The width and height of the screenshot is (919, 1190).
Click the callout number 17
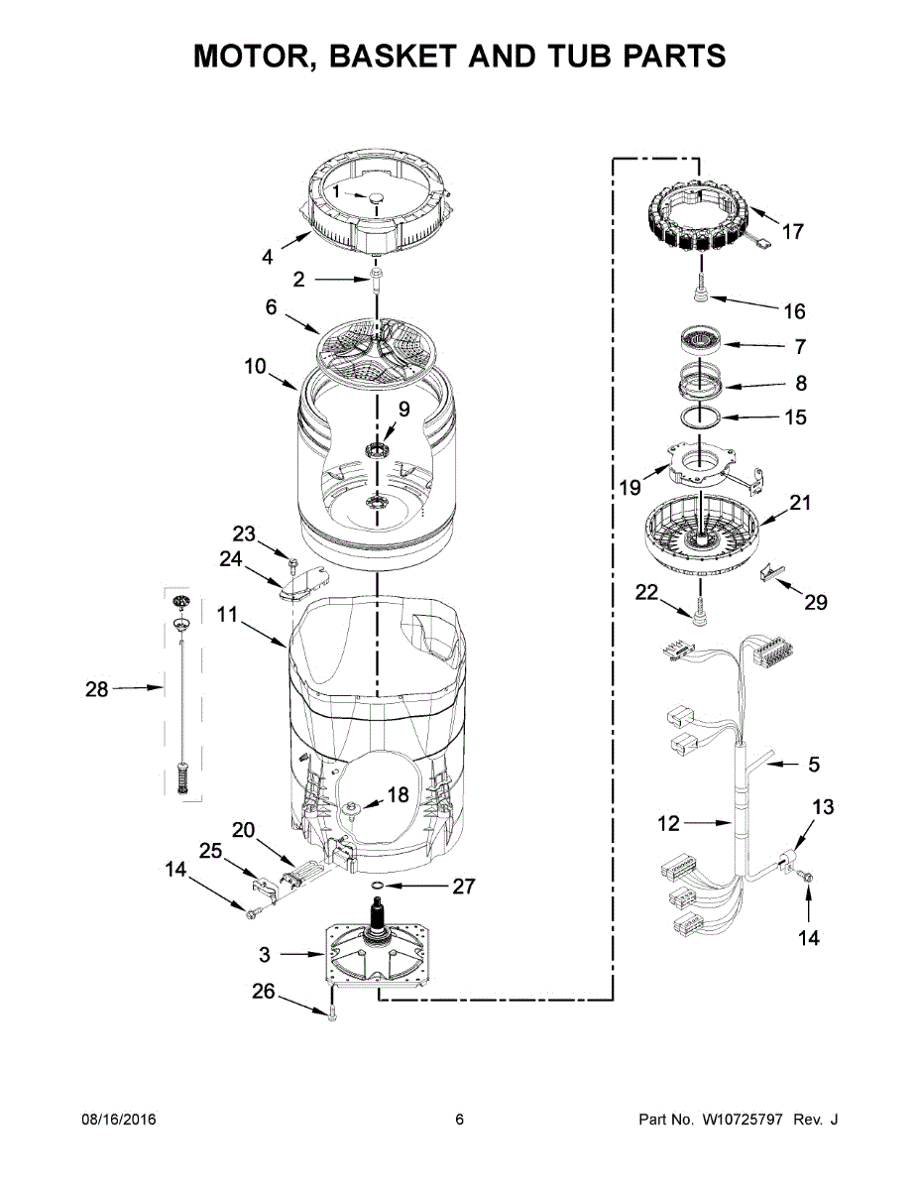point(792,232)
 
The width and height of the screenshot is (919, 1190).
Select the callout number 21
point(800,503)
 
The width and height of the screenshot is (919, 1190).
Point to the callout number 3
point(265,955)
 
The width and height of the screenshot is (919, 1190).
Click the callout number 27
point(464,886)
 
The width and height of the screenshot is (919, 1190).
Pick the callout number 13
point(824,807)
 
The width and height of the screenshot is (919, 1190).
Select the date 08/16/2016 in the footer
point(118,1121)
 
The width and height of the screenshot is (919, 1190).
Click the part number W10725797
point(743,1121)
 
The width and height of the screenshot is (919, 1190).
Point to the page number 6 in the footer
point(459,1121)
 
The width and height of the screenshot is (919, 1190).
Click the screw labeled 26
point(331,1013)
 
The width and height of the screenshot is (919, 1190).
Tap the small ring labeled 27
point(378,884)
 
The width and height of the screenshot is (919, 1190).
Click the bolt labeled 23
point(293,566)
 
